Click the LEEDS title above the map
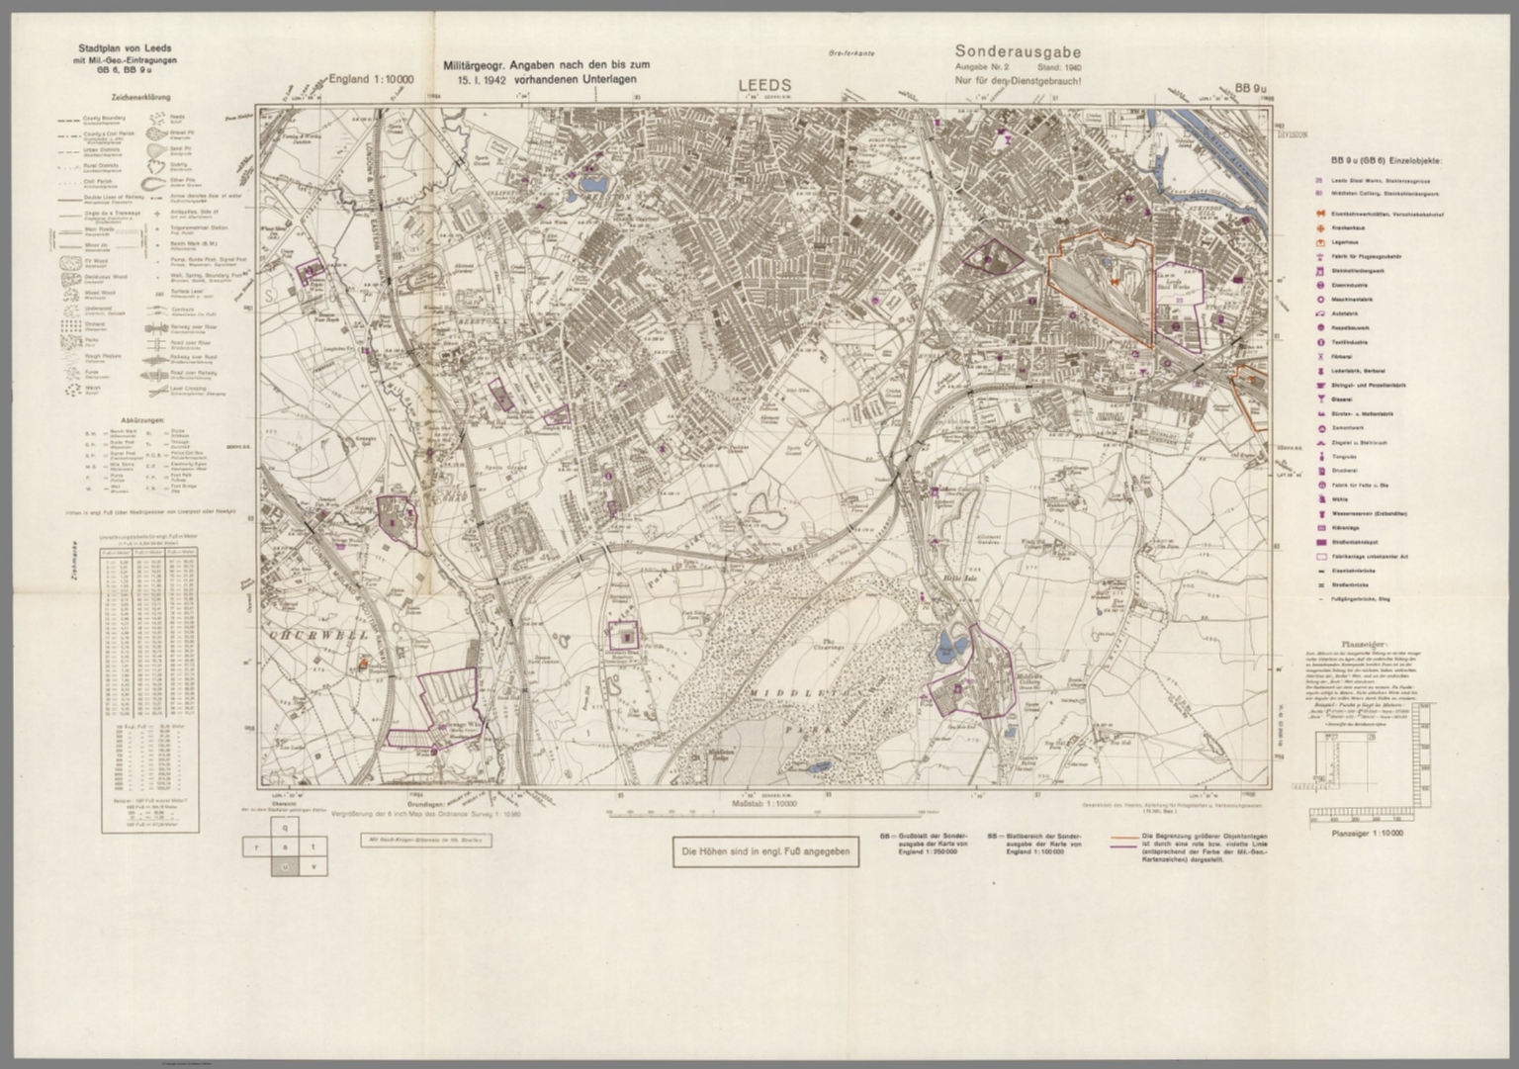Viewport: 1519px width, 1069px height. [x=765, y=86]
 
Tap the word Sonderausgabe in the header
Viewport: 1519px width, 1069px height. [x=1018, y=52]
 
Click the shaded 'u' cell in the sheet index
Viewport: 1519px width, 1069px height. [x=285, y=866]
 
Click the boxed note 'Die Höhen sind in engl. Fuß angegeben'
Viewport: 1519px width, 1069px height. [x=765, y=851]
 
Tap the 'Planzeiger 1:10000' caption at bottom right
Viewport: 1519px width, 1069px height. [x=1367, y=834]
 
